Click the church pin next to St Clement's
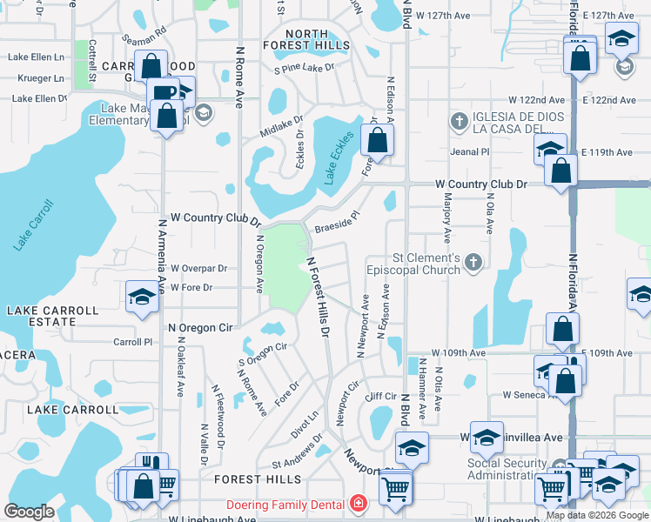(473, 262)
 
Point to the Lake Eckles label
(340, 157)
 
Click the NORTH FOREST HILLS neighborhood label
(306, 40)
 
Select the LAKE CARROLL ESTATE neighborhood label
(53, 316)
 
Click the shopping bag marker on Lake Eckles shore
(377, 139)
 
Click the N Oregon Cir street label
(200, 328)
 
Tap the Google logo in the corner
(29, 512)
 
